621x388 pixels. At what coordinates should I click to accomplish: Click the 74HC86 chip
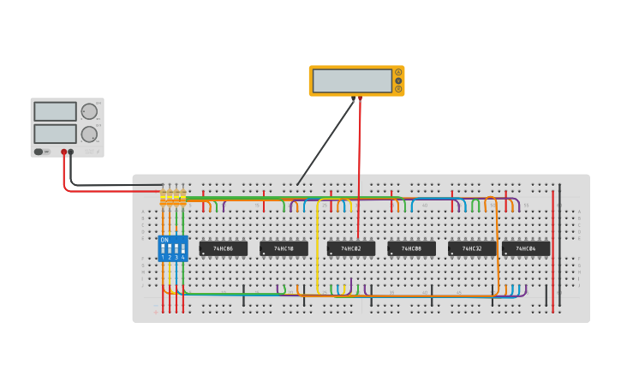point(223,248)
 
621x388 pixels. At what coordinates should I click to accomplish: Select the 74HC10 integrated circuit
point(284,248)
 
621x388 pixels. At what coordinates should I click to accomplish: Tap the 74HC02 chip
point(351,248)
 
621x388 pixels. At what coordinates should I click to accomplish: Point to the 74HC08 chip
point(411,248)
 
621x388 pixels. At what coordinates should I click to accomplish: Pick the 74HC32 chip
point(472,248)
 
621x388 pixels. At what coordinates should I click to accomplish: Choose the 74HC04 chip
point(526,248)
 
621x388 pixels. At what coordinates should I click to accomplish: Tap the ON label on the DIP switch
point(164,240)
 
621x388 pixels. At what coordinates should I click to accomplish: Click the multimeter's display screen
point(352,81)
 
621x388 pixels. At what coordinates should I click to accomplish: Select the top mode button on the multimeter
point(398,73)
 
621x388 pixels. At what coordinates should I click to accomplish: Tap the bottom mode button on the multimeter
point(398,88)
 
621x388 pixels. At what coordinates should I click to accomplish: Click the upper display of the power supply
point(55,111)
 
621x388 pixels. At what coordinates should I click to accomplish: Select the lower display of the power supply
point(55,134)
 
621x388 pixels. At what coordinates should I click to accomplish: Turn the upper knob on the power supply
point(89,111)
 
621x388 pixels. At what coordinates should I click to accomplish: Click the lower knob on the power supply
point(89,134)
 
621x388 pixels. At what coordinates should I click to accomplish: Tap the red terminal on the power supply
point(63,152)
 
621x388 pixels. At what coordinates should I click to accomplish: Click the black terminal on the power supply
point(71,152)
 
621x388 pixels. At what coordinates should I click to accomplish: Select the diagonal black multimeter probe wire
point(325,141)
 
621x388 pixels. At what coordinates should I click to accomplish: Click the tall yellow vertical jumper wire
point(318,248)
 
